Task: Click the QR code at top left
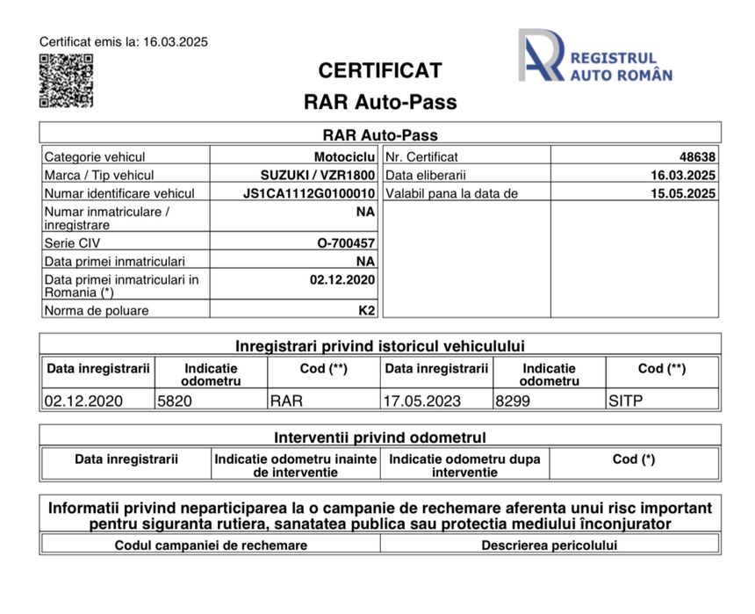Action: click(66, 81)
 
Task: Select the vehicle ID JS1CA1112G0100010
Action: click(309, 193)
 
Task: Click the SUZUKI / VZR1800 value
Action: click(318, 175)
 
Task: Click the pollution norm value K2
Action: click(366, 310)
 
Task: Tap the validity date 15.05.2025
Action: click(683, 193)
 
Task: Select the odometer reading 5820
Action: click(175, 401)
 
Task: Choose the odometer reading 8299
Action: click(514, 401)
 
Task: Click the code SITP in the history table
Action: click(626, 401)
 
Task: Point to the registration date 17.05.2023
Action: click(421, 401)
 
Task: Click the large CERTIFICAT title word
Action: click(380, 70)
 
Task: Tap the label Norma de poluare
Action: click(97, 310)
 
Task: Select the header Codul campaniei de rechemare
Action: click(211, 545)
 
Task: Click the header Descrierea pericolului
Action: click(550, 545)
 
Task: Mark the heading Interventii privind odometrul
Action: click(380, 437)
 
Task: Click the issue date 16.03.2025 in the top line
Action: click(175, 41)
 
